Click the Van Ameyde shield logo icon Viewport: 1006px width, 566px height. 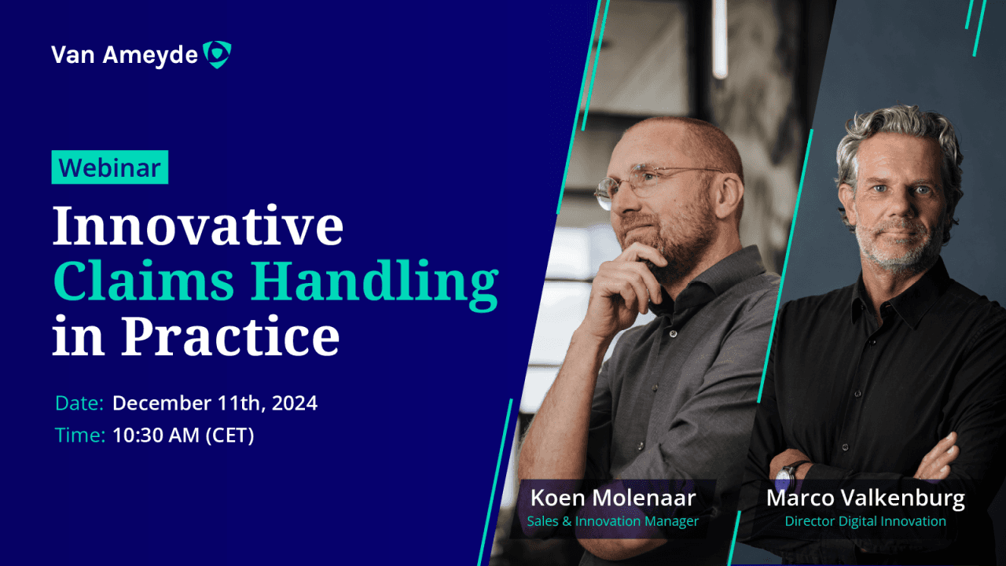(x=217, y=54)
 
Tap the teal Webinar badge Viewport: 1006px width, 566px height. (x=110, y=167)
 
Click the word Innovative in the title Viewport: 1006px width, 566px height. (x=198, y=226)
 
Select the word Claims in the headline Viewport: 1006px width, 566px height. (x=143, y=281)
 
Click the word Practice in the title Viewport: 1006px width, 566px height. (x=230, y=335)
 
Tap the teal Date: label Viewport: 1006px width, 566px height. (x=79, y=403)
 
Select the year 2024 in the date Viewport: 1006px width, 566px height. (x=295, y=403)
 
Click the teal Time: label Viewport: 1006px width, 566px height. (x=80, y=435)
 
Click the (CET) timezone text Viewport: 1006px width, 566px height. (x=230, y=436)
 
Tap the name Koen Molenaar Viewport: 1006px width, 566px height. (x=613, y=498)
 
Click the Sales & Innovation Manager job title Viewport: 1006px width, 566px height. (x=612, y=521)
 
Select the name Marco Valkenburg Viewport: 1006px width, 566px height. (x=865, y=498)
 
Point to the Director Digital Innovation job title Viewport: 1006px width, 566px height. (x=865, y=521)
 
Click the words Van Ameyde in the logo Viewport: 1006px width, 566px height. (x=124, y=55)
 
